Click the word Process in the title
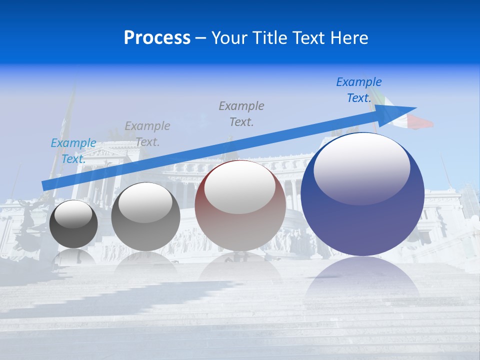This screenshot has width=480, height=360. [x=157, y=38]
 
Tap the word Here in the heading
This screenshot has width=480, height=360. [x=349, y=38]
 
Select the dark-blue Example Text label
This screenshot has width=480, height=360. [x=358, y=90]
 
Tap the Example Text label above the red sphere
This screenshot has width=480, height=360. [x=241, y=114]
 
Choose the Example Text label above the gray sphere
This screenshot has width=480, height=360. [x=147, y=134]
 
